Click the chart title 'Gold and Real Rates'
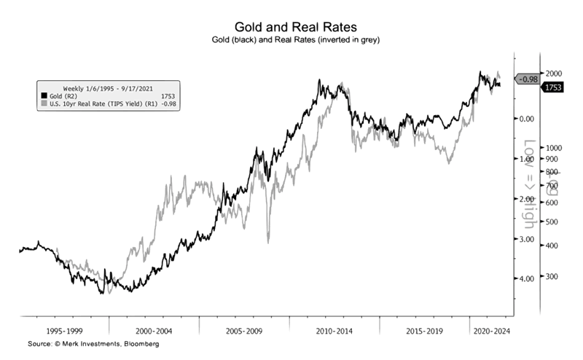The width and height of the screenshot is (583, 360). click(x=291, y=28)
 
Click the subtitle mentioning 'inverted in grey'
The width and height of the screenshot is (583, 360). click(x=291, y=39)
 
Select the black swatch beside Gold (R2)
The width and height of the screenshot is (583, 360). click(x=44, y=95)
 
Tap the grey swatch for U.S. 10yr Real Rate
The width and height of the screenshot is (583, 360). click(x=44, y=103)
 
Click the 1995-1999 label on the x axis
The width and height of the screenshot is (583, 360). click(x=63, y=330)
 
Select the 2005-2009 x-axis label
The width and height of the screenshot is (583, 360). click(x=245, y=330)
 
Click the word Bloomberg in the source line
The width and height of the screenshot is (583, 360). click(x=141, y=343)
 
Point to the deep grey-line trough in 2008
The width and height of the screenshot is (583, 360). click(x=268, y=242)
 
